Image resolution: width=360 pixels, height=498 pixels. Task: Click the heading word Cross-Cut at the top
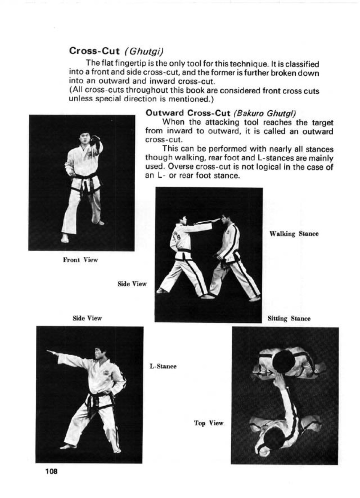click(x=95, y=51)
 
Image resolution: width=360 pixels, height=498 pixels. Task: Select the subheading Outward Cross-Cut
click(x=188, y=113)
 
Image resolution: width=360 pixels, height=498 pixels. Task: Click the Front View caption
click(x=80, y=260)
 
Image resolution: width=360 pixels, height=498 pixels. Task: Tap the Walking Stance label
click(x=294, y=234)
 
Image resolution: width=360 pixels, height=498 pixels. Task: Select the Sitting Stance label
click(x=289, y=319)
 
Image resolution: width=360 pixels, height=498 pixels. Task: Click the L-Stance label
click(x=163, y=366)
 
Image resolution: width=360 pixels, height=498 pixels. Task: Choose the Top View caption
click(x=208, y=423)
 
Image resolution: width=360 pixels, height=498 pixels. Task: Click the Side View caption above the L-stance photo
click(x=87, y=318)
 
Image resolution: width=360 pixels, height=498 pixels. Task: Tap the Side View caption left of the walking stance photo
click(x=132, y=284)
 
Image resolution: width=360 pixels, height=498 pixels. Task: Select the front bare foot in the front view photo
click(x=65, y=238)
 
